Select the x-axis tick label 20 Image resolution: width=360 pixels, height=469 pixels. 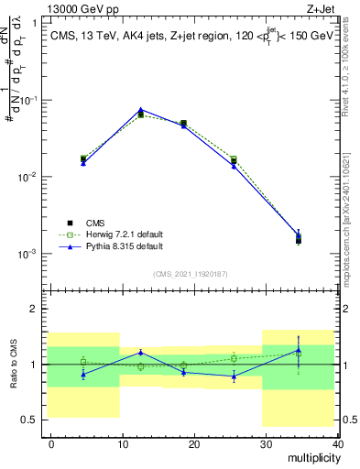(x=194, y=442)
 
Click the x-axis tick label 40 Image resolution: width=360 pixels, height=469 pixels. (x=337, y=442)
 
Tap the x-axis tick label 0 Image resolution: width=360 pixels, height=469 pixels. (x=51, y=442)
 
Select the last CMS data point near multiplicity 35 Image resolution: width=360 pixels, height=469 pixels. (x=299, y=240)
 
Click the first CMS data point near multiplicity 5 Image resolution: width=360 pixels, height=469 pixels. (x=83, y=158)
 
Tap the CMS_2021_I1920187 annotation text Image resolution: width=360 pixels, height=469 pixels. (x=191, y=274)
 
